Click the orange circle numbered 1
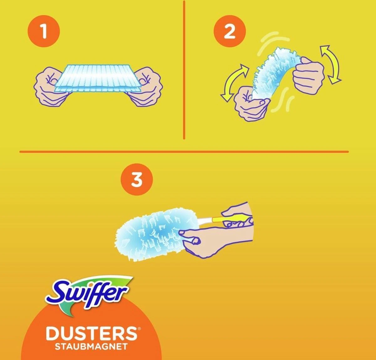[x=44, y=31]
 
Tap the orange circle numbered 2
[x=229, y=31]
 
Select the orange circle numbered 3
[x=137, y=180]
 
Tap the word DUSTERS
[x=91, y=334]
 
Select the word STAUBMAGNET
[x=91, y=347]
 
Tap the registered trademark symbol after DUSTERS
[x=139, y=329]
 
